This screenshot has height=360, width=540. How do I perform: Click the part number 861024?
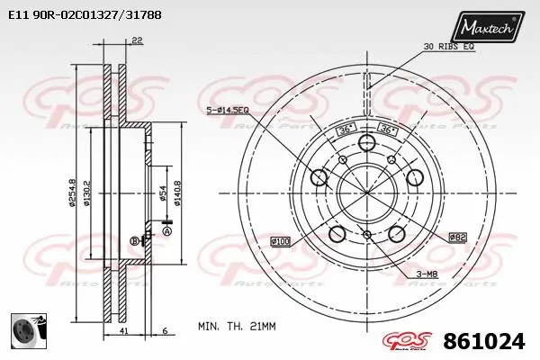[x=484, y=342]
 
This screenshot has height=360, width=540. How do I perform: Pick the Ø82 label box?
[x=458, y=236]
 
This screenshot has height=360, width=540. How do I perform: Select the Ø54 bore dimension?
[x=163, y=192]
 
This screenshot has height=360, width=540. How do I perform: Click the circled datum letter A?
[x=166, y=231]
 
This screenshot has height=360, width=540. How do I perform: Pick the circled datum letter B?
[x=135, y=240]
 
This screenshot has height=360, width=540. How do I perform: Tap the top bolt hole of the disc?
[x=366, y=144]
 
